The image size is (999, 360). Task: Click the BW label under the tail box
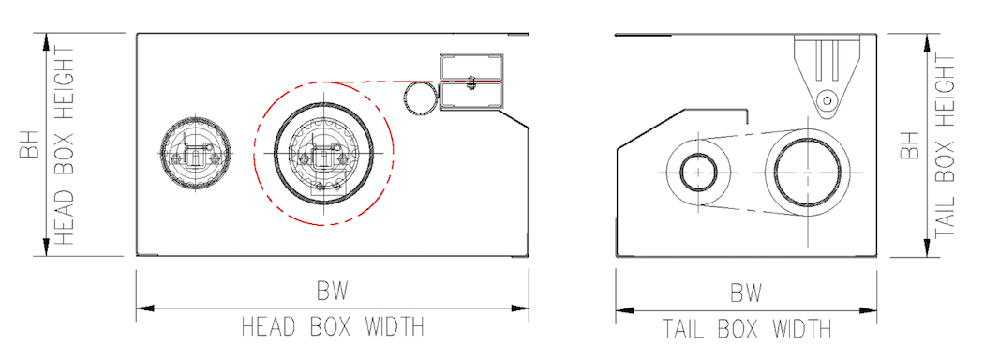(746, 292)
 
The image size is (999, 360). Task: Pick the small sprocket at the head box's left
(195, 155)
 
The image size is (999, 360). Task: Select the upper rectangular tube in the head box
(471, 67)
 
